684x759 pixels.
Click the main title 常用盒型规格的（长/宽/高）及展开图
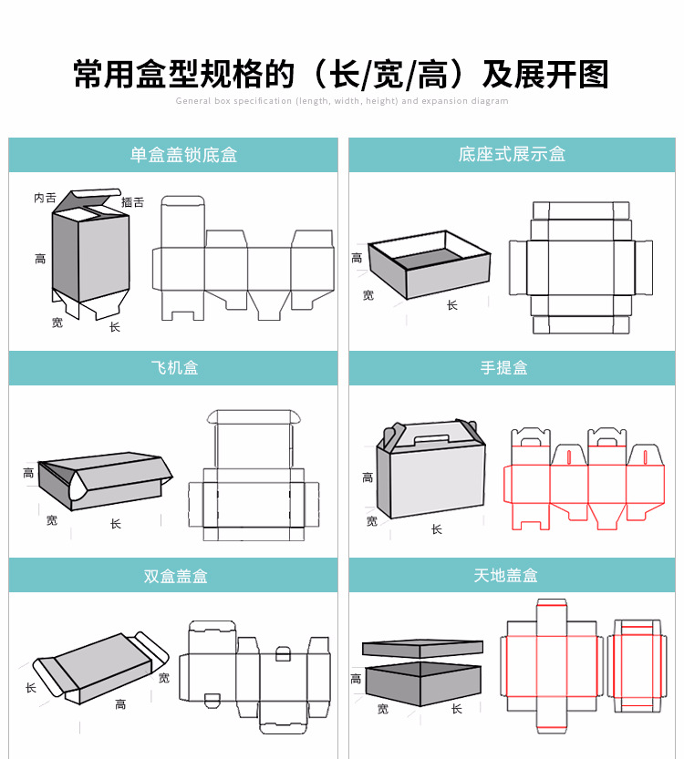(341, 74)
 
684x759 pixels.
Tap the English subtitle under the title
(341, 101)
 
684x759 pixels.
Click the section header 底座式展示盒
(512, 155)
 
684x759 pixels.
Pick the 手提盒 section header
(504, 368)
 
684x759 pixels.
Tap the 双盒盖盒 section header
(175, 577)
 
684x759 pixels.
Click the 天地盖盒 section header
(505, 576)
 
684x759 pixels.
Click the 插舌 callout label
(133, 202)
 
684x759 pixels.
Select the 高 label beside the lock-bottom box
(40, 260)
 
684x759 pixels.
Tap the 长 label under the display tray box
(452, 306)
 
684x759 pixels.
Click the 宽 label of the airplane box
(52, 521)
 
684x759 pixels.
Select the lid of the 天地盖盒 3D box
(421, 649)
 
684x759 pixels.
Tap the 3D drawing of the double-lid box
(100, 667)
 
